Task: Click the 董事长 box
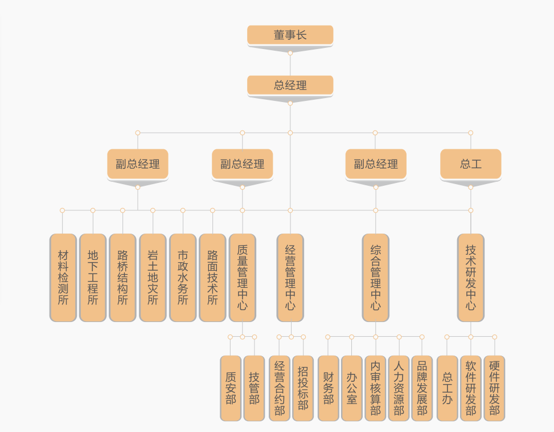[290, 35]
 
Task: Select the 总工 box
[470, 164]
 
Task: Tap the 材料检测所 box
[63, 277]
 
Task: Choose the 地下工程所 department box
[93, 277]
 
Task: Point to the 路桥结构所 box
[122, 277]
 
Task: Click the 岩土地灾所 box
[153, 277]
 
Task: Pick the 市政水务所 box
[183, 277]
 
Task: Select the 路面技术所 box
[212, 277]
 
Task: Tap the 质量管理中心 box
[242, 277]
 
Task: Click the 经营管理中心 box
[290, 277]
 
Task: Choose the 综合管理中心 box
[375, 277]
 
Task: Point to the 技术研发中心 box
[470, 277]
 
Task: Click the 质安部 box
[231, 388]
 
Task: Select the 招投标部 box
[303, 388]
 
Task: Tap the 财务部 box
[329, 388]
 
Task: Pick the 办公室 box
[352, 388]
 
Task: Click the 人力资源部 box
[399, 388]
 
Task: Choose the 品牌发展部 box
[422, 388]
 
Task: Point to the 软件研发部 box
[470, 388]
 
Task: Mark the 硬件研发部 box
[494, 388]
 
